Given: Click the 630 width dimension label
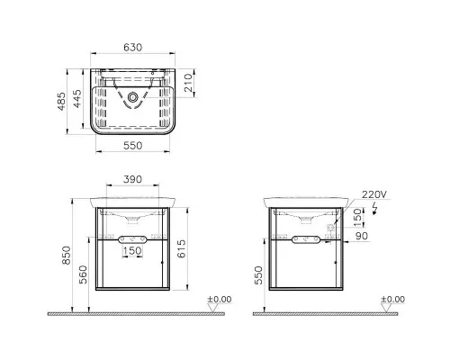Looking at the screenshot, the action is (132, 48).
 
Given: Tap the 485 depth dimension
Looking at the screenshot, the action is (61, 102).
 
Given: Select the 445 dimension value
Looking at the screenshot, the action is (77, 99).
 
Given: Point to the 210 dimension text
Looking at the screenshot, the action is (188, 83).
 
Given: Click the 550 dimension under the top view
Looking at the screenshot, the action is (132, 146).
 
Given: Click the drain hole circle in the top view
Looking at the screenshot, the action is (132, 97).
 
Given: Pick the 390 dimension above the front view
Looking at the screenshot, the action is (132, 179).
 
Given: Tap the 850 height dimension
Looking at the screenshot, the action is (67, 256).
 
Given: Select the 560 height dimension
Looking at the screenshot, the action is (83, 274).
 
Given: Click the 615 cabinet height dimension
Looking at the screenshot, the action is (181, 248).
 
